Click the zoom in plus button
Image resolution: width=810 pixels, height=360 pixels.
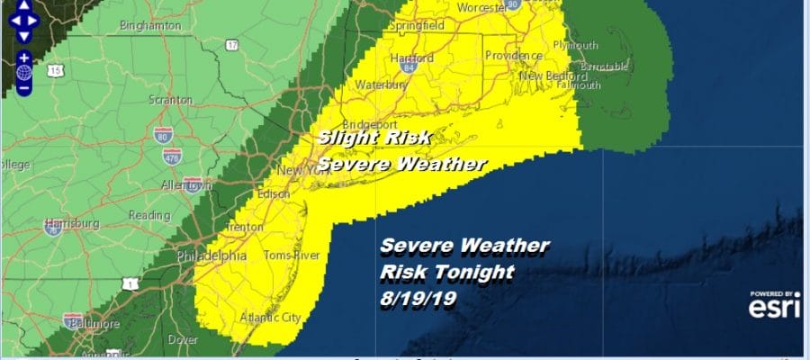tap(24, 57)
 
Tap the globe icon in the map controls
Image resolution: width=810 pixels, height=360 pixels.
tap(24, 72)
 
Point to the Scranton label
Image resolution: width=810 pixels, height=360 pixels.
tap(171, 101)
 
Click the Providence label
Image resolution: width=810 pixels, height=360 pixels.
tap(511, 56)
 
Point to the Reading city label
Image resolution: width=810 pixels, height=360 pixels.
tap(149, 216)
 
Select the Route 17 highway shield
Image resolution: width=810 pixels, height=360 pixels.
tap(232, 44)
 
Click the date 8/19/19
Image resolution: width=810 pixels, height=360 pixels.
tap(418, 296)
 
